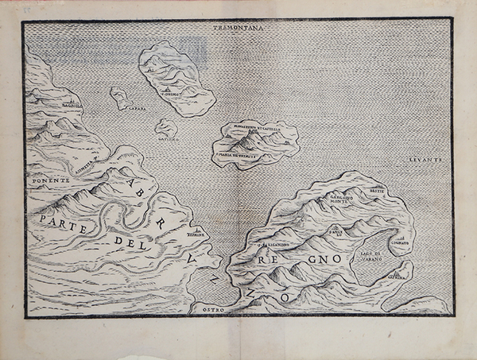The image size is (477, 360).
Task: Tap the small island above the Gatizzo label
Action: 166,127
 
